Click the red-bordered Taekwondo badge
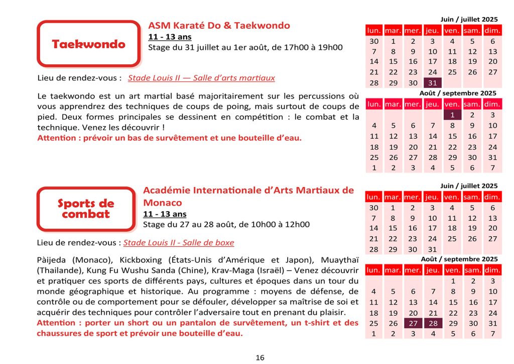[88, 44]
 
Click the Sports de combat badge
[86, 209]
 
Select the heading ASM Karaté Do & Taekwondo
[219, 26]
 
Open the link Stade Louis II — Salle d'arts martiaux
[201, 78]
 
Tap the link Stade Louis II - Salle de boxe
[179, 243]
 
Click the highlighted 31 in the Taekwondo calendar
[433, 83]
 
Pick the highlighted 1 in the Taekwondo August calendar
[452, 115]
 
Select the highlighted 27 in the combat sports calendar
[413, 323]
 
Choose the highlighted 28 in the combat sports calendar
[433, 323]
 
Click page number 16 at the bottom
[260, 358]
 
